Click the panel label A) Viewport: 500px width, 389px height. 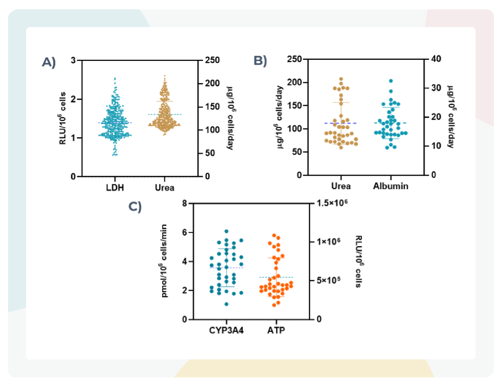tap(49, 62)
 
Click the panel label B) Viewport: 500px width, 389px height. tap(260, 61)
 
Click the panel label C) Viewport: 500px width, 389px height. tap(135, 206)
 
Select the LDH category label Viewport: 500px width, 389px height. tap(115, 187)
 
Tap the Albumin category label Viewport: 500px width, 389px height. tap(390, 186)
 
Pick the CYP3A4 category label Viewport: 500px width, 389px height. tap(226, 330)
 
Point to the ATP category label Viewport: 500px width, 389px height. tap(276, 330)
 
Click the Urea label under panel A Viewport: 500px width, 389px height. tap(164, 187)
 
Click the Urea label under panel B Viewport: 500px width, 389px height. tap(341, 186)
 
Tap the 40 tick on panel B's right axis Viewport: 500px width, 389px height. tap(436, 59)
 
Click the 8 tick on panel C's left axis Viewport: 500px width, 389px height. tap(184, 203)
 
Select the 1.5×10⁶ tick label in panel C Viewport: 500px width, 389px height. tap(332, 203)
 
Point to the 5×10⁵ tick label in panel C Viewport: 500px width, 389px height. tap(328, 280)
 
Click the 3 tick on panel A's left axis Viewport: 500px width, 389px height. tap(73, 60)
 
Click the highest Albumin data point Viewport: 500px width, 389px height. tap(391, 81)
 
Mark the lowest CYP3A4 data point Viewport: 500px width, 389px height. tap(226, 304)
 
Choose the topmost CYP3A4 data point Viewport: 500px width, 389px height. tap(226, 231)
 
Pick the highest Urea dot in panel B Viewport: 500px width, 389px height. tap(341, 79)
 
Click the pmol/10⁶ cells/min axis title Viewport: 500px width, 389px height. tap(164, 261)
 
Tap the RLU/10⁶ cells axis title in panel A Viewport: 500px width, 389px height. tap(63, 118)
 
